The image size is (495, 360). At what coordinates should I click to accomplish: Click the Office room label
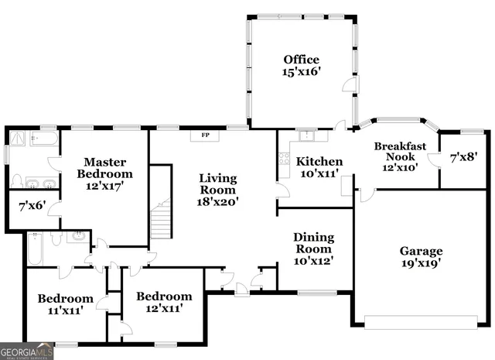pos(301,60)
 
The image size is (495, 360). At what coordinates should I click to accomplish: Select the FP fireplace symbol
pos(206,135)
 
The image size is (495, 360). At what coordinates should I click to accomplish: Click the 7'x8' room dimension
pos(463,157)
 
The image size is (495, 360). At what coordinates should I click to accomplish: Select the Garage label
pos(421,252)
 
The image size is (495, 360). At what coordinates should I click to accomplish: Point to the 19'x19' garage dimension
pos(421,265)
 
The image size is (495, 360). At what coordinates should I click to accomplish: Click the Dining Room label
pos(312,243)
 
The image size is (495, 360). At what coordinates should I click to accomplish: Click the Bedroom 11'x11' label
pos(66,304)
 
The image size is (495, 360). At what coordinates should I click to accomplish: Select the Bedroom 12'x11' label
pos(163,302)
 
